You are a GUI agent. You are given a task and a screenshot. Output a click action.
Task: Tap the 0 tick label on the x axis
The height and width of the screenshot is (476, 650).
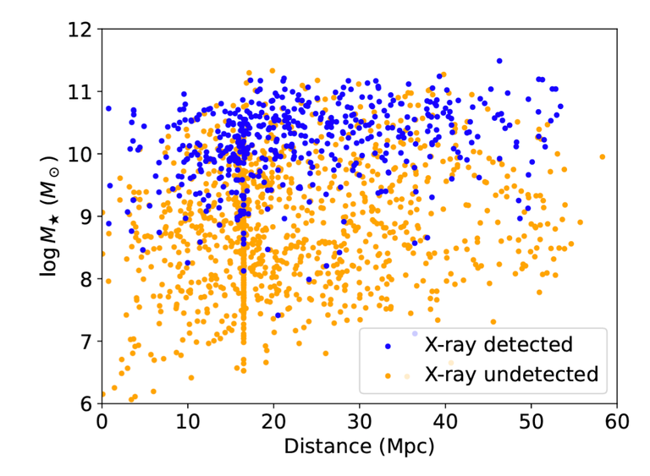click(x=102, y=420)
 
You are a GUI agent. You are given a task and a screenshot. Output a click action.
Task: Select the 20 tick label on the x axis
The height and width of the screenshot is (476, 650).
click(x=273, y=420)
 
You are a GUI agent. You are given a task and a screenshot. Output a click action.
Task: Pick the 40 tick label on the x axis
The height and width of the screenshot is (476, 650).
click(x=445, y=420)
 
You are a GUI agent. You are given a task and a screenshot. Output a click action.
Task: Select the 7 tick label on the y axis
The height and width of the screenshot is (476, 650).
click(x=87, y=342)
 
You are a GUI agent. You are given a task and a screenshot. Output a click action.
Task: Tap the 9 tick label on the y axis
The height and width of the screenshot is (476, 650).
click(x=87, y=216)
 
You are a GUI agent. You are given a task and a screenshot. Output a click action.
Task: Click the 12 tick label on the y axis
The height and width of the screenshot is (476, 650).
click(x=82, y=29)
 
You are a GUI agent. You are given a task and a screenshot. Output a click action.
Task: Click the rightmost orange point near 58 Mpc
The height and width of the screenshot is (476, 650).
click(x=602, y=156)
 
